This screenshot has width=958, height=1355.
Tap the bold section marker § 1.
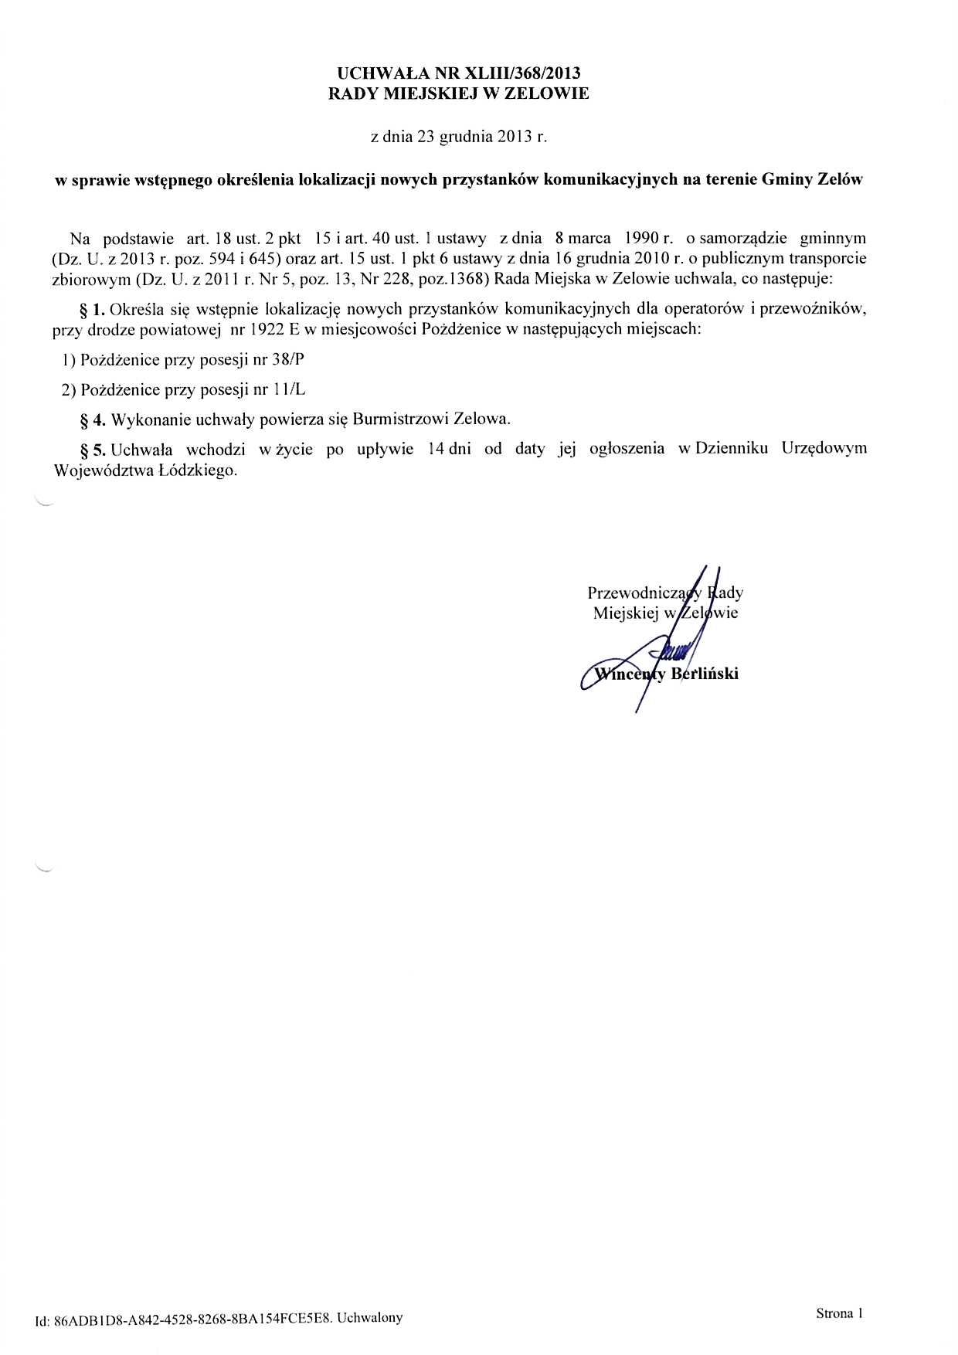pos(93,310)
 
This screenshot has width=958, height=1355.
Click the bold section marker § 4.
pos(93,419)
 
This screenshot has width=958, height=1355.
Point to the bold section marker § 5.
pos(93,450)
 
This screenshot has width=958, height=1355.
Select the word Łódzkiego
pos(196,470)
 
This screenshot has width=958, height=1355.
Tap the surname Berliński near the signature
pos(705,674)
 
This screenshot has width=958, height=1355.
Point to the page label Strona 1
pos(838,1313)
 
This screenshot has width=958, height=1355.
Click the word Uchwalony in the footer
pos(370,1318)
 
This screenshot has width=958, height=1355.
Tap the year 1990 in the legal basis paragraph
pos(636,238)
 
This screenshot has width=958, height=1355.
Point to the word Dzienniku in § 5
pos(731,449)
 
